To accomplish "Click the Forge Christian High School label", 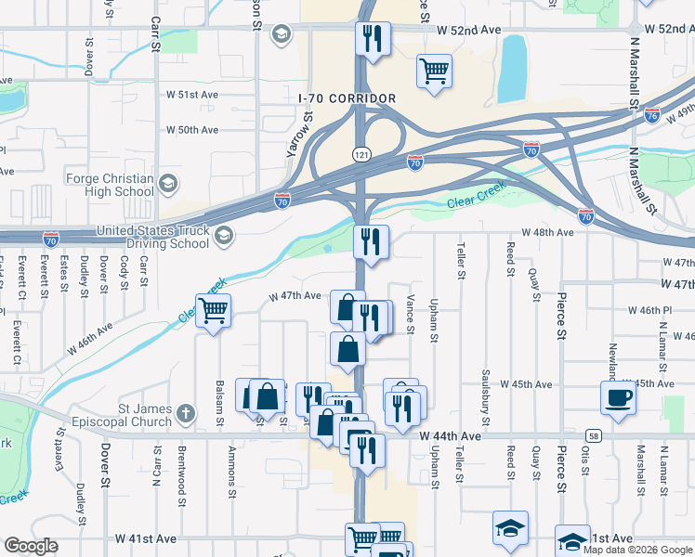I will (x=110, y=185).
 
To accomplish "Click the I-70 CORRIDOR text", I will (x=347, y=98).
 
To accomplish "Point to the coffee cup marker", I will (x=619, y=397).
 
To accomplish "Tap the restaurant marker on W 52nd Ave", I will (x=373, y=38).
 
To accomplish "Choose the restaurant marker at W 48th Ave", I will (x=371, y=242).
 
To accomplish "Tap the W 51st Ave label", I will (x=192, y=95).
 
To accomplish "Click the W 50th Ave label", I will (x=192, y=130).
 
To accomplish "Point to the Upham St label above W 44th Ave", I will (x=434, y=320).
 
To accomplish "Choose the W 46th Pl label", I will (x=647, y=309).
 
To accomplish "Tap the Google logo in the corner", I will (x=31, y=546).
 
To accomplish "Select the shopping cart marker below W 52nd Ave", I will (x=434, y=70).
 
